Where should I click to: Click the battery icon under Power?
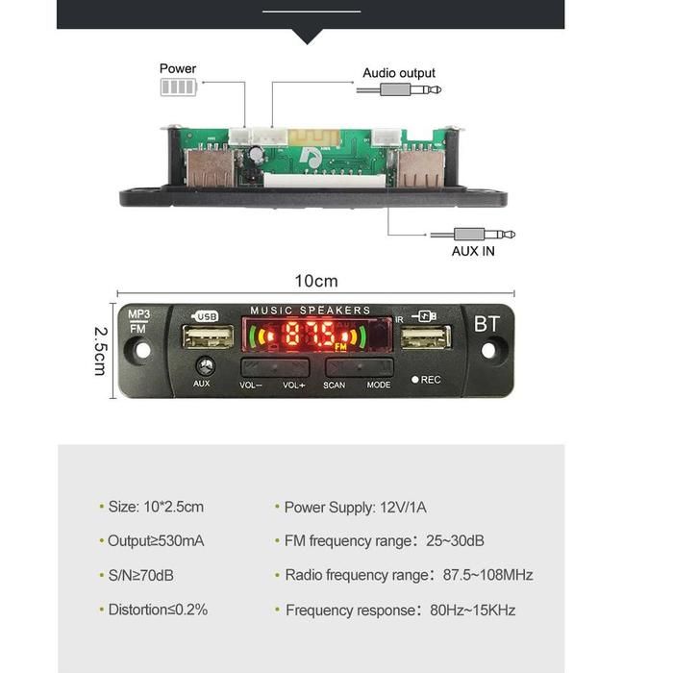178,87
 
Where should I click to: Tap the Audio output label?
398,73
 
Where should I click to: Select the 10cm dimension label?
316,281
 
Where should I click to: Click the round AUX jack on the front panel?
203,365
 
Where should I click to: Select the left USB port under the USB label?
208,336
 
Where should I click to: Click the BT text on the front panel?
486,324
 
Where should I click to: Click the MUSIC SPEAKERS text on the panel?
310,311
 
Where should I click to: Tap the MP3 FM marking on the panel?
137,321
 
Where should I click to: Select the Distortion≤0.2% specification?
157,610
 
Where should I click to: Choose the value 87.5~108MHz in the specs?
488,575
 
